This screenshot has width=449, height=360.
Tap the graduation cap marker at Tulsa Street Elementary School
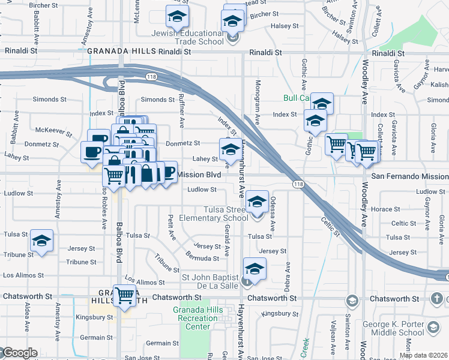(x=257, y=202)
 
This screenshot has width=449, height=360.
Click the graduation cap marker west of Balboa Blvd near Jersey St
(x=42, y=241)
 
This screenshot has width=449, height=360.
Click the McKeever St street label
(x=49, y=130)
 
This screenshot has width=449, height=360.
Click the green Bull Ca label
(x=296, y=98)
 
